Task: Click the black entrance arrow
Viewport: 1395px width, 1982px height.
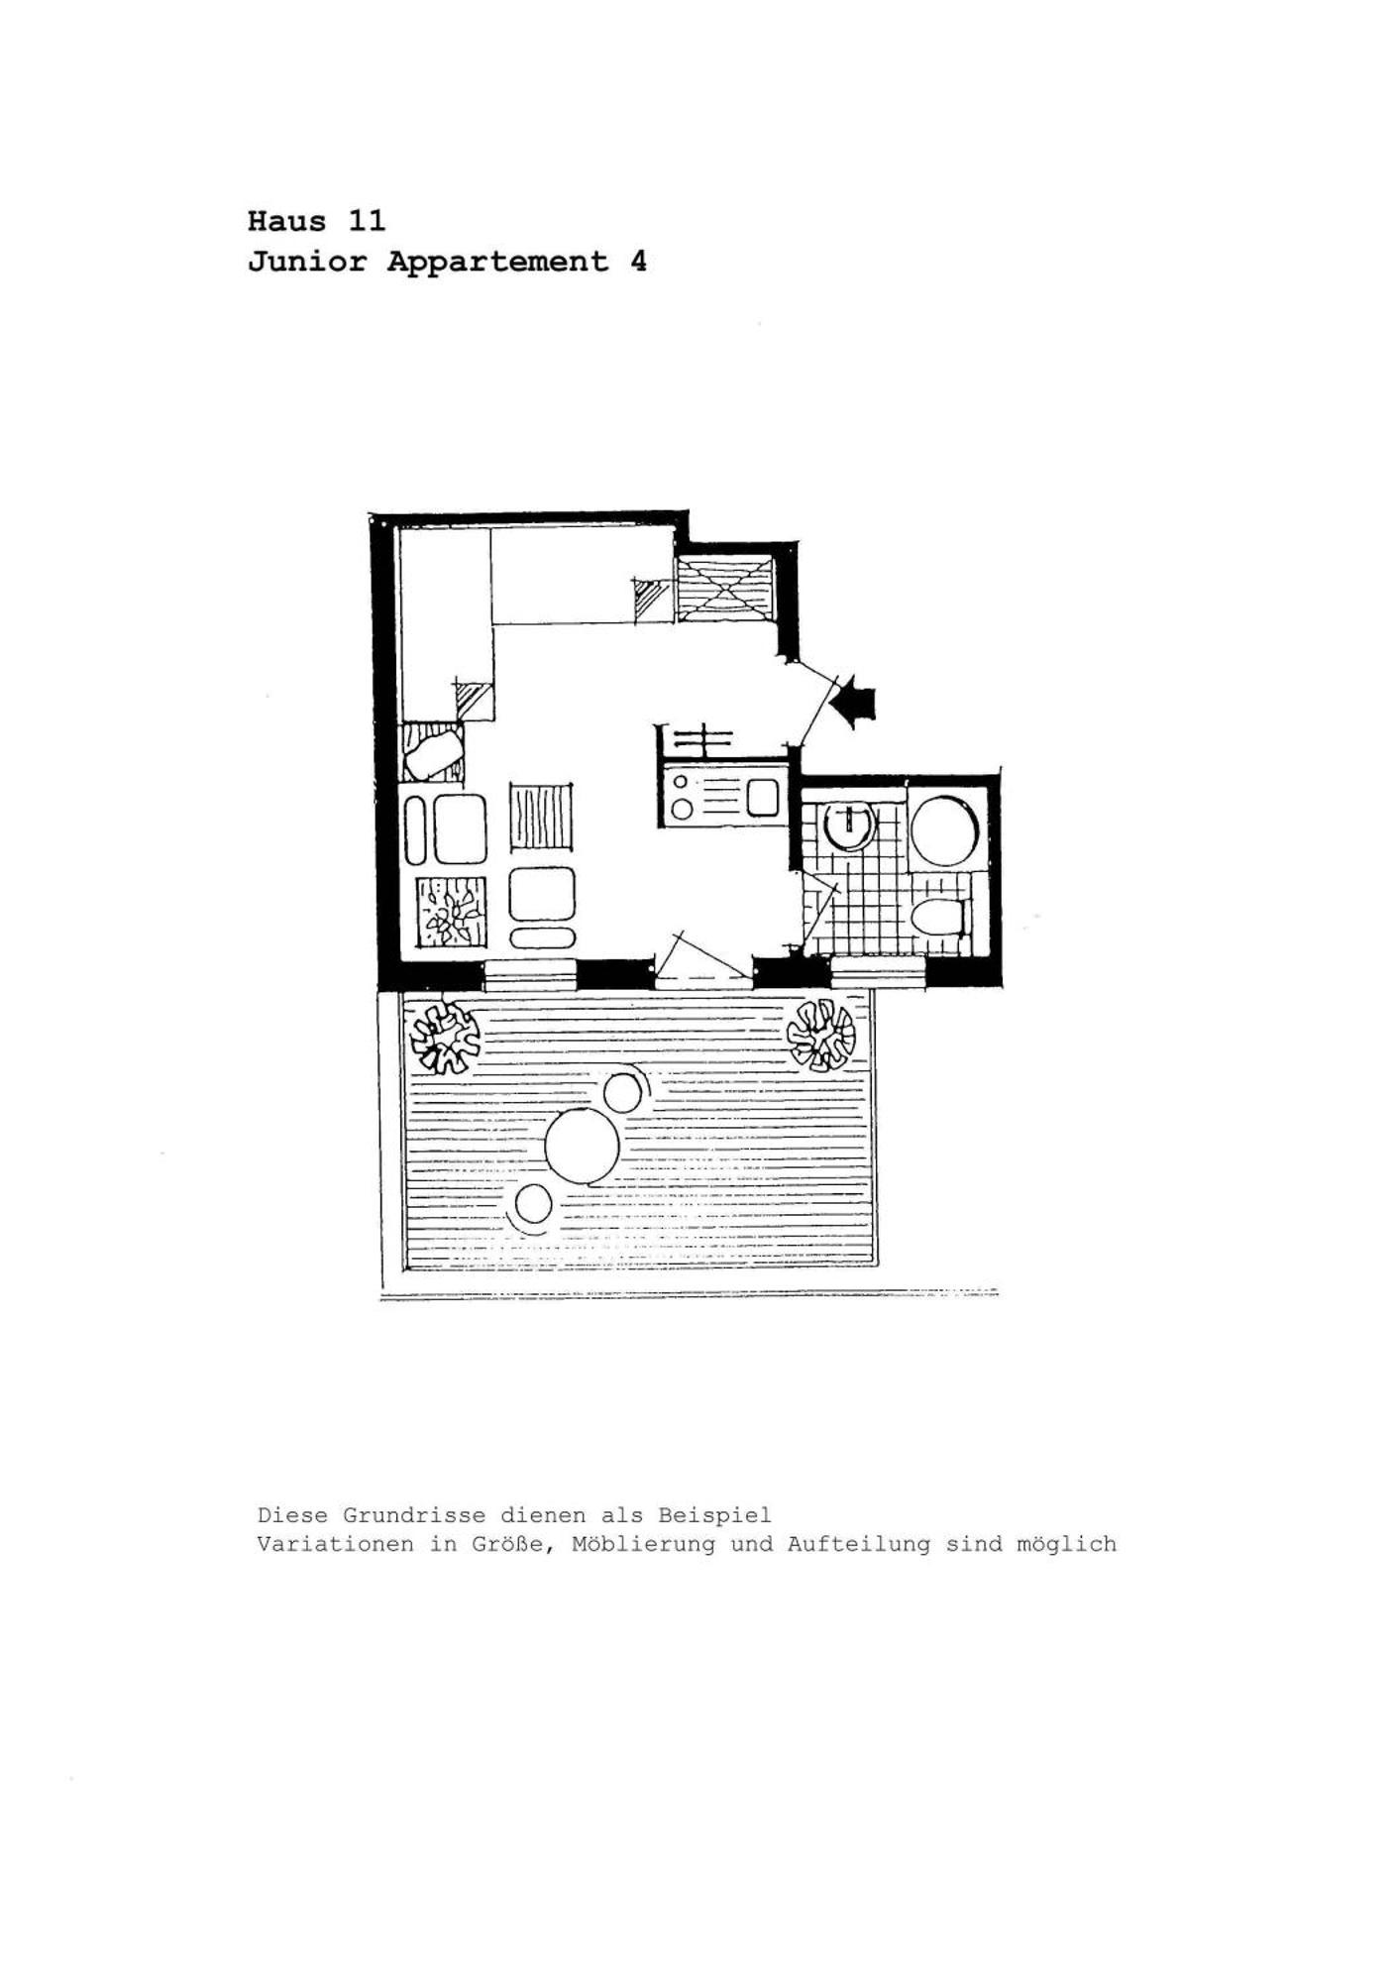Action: [x=854, y=702]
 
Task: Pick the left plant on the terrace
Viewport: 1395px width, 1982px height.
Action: [x=445, y=1038]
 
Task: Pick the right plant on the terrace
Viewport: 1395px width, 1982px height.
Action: [x=820, y=1035]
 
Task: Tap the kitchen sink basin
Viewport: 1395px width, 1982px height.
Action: [x=762, y=798]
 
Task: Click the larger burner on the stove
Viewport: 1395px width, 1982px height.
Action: [x=682, y=810]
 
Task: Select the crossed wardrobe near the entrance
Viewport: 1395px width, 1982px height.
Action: [x=725, y=590]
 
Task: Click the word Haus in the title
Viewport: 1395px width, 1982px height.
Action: [x=286, y=220]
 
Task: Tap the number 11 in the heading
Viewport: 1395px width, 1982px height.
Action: [x=366, y=220]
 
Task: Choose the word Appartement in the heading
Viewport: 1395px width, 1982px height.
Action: [x=497, y=262]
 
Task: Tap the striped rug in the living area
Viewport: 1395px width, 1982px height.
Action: [x=542, y=817]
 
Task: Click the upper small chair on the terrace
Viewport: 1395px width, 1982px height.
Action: [x=622, y=1093]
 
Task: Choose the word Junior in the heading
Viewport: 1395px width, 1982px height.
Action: [x=307, y=262]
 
